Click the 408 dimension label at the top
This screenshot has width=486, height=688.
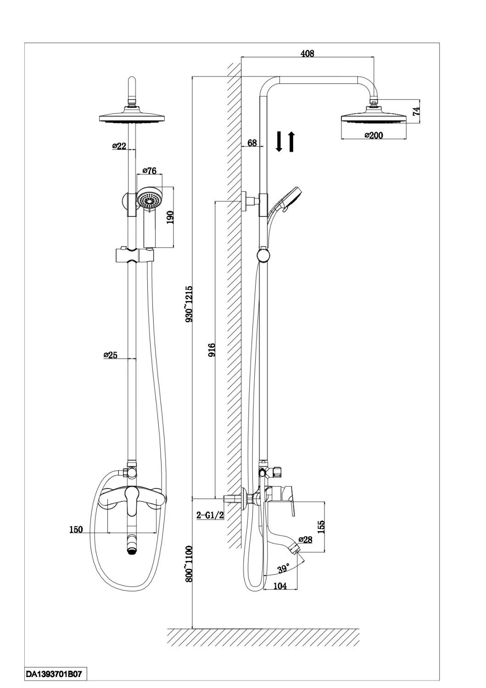(307, 54)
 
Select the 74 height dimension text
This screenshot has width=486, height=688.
(416, 111)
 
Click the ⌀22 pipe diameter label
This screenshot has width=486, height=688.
(119, 146)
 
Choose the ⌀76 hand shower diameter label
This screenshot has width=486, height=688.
(150, 171)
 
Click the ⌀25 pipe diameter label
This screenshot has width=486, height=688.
(110, 355)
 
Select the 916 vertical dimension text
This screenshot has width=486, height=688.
(212, 350)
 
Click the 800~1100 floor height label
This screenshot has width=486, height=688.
(189, 564)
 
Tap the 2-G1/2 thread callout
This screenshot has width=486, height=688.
(210, 515)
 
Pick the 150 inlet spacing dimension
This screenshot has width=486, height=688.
(76, 529)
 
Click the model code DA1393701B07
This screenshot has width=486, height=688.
(54, 674)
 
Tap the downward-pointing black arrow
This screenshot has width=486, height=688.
(279, 142)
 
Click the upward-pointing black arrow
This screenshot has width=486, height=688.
(291, 142)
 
